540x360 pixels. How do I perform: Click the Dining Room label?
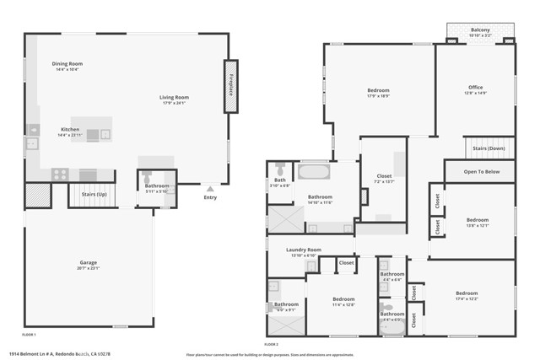67,66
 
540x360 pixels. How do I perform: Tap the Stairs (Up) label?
94,193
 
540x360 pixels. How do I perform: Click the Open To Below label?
482,171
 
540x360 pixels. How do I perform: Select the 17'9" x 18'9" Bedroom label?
378,92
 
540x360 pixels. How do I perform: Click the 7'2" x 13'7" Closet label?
384,178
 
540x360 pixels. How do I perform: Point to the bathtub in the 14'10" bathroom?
314,175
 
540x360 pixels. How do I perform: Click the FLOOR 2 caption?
272,344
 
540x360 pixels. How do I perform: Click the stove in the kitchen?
61,174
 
